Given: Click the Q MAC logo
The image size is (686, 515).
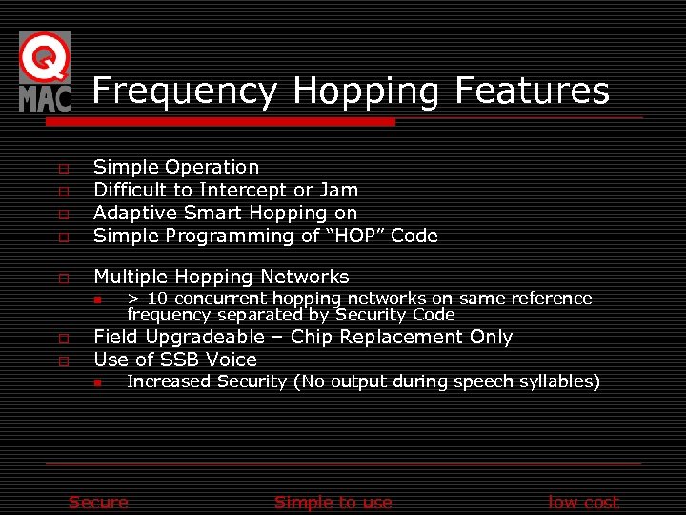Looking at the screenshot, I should coord(45,72).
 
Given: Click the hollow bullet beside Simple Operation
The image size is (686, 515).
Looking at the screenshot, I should coord(63,169).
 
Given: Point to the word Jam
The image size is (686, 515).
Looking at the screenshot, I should coord(339,190).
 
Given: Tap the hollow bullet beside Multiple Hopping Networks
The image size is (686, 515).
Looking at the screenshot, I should coord(63,278).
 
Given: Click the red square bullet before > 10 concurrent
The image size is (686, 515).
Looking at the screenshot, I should coord(97,299).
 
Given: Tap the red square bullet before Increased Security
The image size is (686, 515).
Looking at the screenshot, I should coord(97,382).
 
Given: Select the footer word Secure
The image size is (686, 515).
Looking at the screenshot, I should coord(98,503).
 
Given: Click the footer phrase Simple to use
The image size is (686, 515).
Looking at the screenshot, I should coord(333,503).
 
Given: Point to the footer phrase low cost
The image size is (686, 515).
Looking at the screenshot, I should coord(583,503).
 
